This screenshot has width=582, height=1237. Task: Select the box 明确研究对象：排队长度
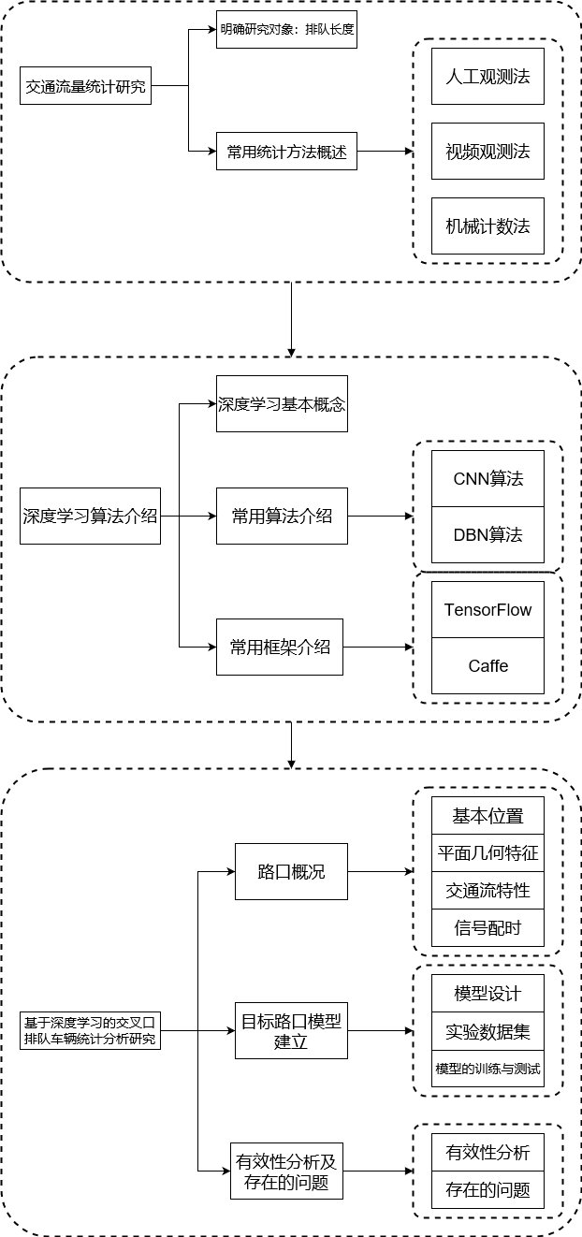click(286, 30)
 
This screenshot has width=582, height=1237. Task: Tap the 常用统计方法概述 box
click(286, 152)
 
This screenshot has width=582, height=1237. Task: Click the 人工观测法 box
click(487, 76)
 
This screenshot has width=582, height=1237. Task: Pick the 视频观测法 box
click(487, 151)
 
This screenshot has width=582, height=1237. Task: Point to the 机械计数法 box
click(487, 226)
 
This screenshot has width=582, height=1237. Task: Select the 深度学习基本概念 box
click(282, 404)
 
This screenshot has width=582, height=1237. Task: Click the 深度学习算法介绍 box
click(90, 516)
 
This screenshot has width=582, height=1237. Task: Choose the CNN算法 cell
click(487, 478)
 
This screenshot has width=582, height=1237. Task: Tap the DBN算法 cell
click(487, 534)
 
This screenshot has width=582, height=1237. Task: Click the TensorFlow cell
click(487, 609)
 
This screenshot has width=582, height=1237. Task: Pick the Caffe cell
click(487, 665)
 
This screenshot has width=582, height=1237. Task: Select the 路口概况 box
click(291, 871)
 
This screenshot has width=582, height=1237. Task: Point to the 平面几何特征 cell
click(487, 852)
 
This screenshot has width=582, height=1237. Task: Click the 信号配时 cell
click(487, 927)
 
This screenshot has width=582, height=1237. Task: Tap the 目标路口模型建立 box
click(291, 1030)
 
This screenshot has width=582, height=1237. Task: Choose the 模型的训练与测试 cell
click(487, 1068)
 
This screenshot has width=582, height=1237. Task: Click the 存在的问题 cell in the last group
click(487, 1189)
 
